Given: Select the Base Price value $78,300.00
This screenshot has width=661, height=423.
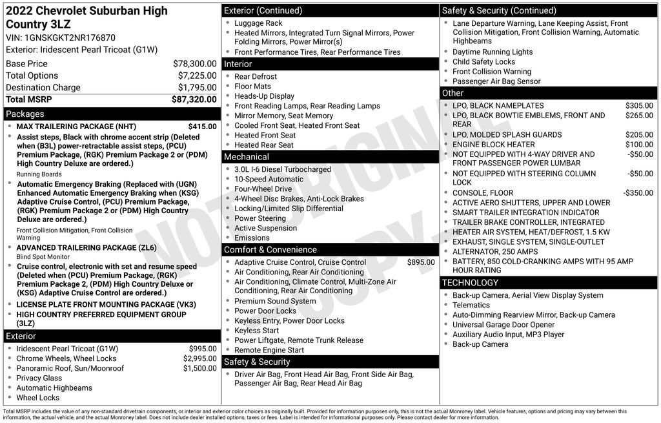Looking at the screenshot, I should [x=194, y=64].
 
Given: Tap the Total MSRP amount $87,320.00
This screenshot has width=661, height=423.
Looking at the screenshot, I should [x=194, y=99].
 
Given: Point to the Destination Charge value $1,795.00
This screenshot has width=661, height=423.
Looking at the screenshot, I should [x=197, y=87].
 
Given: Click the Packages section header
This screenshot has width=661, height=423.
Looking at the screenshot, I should [x=25, y=114].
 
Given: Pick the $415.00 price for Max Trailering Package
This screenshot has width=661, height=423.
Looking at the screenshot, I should [x=202, y=127].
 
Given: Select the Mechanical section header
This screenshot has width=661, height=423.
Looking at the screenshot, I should [x=247, y=156].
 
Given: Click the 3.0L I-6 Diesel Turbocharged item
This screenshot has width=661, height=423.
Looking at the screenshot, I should [x=282, y=169].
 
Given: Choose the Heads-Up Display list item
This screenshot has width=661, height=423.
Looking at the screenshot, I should [x=264, y=96].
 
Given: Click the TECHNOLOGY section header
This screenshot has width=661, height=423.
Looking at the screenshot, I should [x=470, y=282].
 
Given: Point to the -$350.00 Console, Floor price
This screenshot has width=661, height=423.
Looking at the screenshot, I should [x=638, y=193].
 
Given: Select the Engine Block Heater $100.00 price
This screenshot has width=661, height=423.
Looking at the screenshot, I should [x=639, y=145].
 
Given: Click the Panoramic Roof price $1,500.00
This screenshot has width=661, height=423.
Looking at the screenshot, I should [x=199, y=368].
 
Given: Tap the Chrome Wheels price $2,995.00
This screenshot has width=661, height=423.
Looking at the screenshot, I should [x=199, y=358].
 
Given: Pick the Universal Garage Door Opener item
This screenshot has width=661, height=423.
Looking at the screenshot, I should [x=503, y=325].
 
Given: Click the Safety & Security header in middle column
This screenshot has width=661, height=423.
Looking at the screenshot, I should [x=257, y=362].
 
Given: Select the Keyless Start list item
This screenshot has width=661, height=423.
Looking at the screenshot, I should [x=256, y=330].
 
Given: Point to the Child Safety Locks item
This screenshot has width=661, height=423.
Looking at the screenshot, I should [x=483, y=62].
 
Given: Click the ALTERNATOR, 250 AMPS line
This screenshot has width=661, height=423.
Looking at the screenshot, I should [x=494, y=251].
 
